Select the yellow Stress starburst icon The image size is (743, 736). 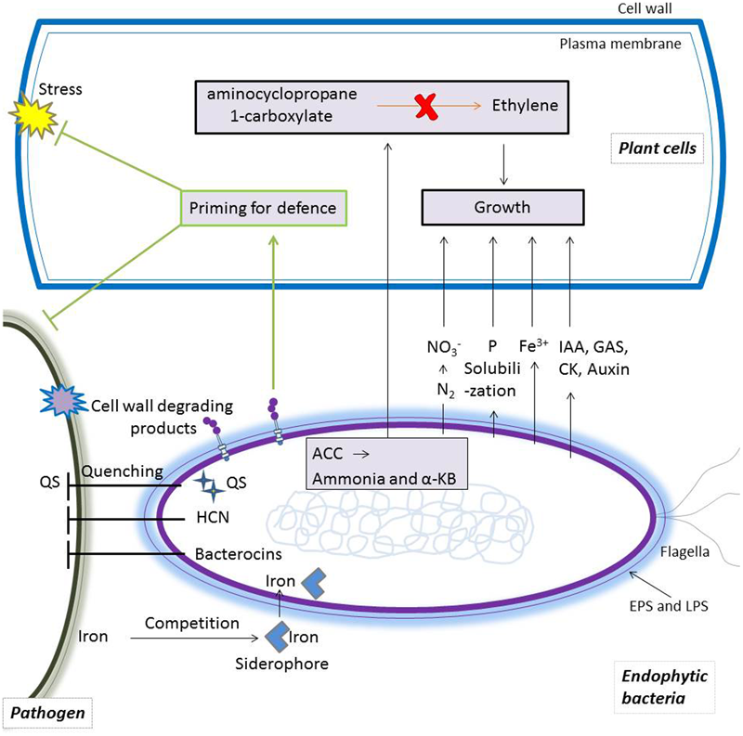(34, 113)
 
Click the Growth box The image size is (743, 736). (502, 207)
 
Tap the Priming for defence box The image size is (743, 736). (262, 208)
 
